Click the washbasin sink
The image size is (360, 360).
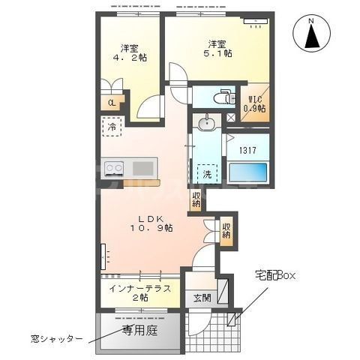[x=206, y=124]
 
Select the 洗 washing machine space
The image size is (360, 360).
[x=207, y=172]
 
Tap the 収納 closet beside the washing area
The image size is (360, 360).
[x=196, y=199]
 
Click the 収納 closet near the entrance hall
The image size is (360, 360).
[x=225, y=229]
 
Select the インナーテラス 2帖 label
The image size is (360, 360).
[x=139, y=292]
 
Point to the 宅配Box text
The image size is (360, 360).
[x=274, y=276]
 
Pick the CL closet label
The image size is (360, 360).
[x=111, y=103]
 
